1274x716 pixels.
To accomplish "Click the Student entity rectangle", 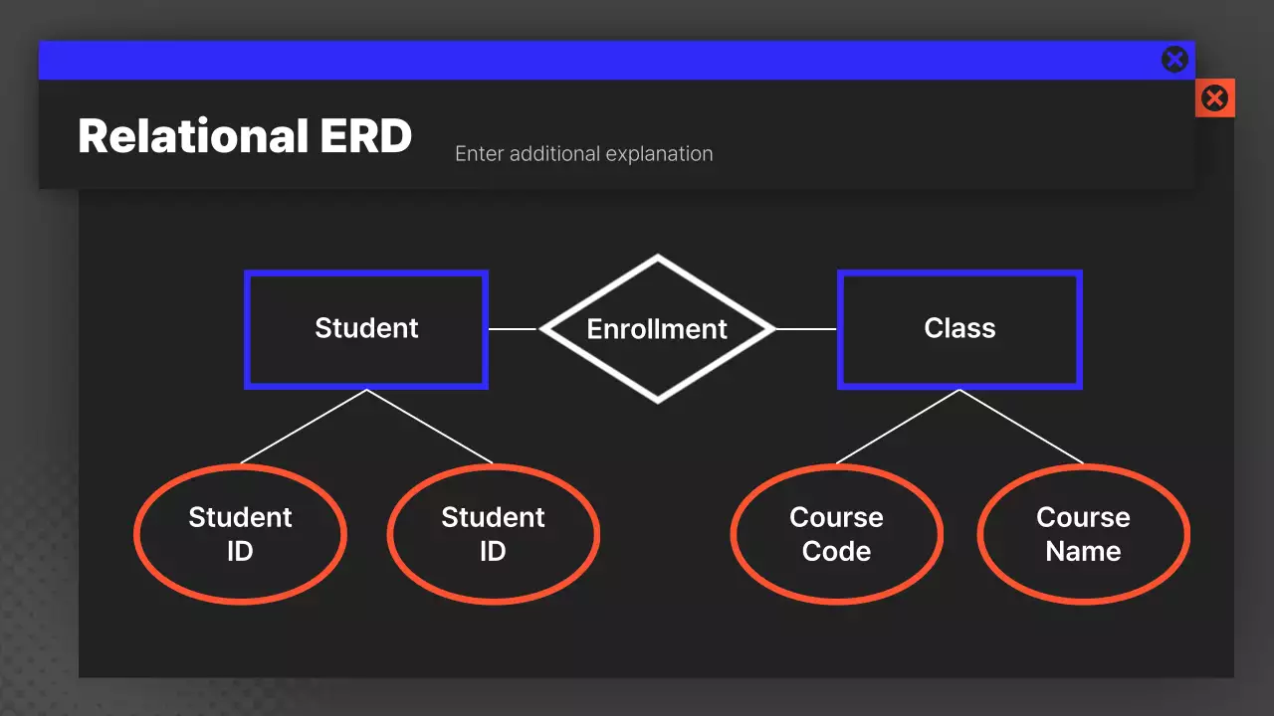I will coord(366,329).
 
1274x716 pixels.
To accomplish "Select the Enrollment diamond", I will coord(657,329).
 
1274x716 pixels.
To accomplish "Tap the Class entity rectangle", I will coord(959,329).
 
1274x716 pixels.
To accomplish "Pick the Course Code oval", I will coord(836,534).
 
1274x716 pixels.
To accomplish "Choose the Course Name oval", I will coord(1083,534).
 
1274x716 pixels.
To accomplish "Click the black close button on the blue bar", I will coord(1174,60).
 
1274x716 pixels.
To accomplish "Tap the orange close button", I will coord(1214,97).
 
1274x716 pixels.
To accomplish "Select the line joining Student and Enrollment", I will coord(513,329).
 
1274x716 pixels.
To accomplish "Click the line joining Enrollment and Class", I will coord(805,329).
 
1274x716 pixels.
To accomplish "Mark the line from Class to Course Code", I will coord(898,427).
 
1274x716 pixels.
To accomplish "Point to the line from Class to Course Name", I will coord(1021,427).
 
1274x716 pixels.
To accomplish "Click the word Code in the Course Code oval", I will coord(836,552).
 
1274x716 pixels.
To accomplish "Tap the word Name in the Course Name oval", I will coord(1083,552).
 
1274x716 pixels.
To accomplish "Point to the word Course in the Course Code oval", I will coord(836,518).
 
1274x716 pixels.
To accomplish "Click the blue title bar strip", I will coord(597,60).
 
